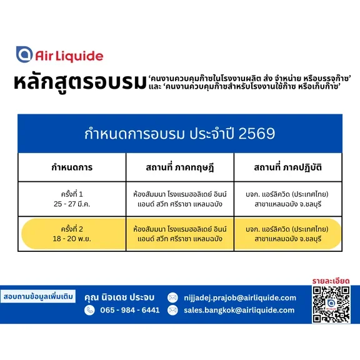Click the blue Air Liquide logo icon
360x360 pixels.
coord(24,54)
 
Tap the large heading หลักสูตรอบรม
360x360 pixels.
coord(80,82)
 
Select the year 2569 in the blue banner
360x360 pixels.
coord(257,133)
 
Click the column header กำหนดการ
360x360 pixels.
coord(72,167)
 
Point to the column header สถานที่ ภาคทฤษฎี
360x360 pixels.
coord(180,167)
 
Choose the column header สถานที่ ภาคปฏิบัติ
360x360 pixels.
coord(287,167)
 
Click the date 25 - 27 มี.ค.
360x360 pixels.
coord(72,204)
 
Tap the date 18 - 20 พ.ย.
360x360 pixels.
coord(72,239)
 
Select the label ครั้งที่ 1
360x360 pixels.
coord(72,194)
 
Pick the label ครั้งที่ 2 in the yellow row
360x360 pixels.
coord(72,229)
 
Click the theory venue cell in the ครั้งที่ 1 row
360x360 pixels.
coord(180,199)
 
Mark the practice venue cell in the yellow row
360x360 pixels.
coord(287,234)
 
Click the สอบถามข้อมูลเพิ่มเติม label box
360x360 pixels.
coord(38,296)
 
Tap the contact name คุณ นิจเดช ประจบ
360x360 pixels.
coord(119,297)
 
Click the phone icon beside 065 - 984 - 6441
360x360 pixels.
coord(89,310)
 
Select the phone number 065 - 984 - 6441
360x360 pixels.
coord(130,310)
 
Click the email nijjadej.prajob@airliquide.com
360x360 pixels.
coord(240,297)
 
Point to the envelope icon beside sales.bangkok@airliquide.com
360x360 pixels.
coord(172,310)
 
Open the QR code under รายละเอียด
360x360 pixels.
coord(331,304)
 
